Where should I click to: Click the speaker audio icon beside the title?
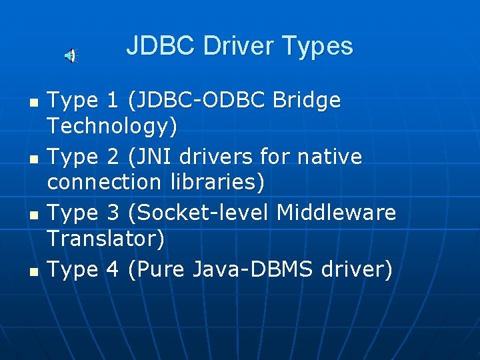[x=70, y=56]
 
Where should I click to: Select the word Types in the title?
[x=317, y=46]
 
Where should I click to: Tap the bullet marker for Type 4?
[x=35, y=272]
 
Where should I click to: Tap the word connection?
[x=104, y=181]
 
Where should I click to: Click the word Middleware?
[x=336, y=213]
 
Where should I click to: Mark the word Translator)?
[x=106, y=237]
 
